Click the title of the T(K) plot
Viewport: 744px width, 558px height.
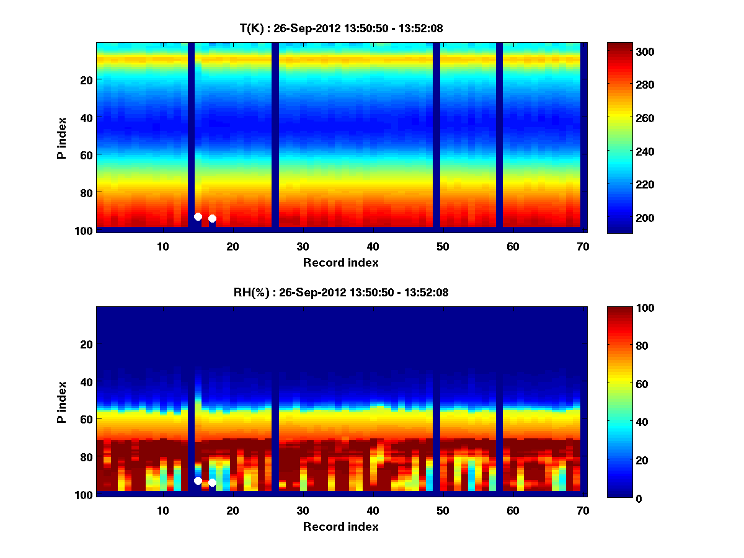tap(340, 28)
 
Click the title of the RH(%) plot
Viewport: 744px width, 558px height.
tap(340, 292)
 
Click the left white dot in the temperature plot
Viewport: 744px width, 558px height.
tap(198, 216)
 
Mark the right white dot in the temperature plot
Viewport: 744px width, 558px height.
tap(212, 218)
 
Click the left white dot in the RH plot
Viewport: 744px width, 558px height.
tap(198, 480)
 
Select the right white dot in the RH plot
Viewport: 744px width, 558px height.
tap(212, 482)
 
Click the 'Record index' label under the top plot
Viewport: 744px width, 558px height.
tap(340, 262)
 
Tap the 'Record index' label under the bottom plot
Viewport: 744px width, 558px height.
tap(340, 526)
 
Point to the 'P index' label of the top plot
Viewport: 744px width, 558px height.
tap(61, 138)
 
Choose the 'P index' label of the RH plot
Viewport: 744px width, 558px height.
tap(61, 402)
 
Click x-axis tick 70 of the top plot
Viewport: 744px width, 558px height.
tap(583, 246)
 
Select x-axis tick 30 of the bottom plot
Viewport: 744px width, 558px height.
tap(303, 510)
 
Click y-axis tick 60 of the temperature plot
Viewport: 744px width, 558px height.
tap(86, 154)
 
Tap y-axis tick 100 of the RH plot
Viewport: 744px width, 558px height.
tap(84, 495)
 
